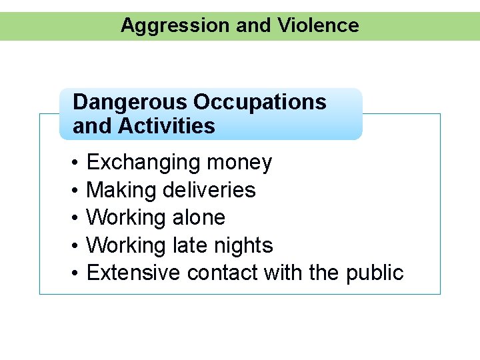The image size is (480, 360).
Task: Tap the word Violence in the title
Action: (318, 26)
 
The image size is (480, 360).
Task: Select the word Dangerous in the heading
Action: (130, 103)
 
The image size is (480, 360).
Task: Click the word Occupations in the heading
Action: (260, 103)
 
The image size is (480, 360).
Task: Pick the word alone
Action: (198, 218)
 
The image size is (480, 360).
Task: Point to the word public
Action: (375, 273)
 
